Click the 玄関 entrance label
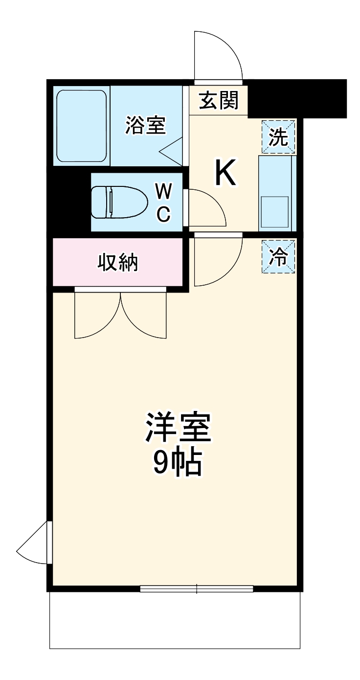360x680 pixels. click(x=219, y=101)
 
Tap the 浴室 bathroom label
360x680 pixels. click(x=145, y=126)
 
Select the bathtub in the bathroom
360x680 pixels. click(x=82, y=126)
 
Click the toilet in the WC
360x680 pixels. click(x=120, y=202)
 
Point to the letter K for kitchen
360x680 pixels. click(x=225, y=174)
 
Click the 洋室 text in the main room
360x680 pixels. click(x=178, y=427)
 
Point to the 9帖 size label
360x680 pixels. click(x=178, y=463)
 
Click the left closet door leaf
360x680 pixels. click(x=97, y=316)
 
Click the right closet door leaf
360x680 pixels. click(x=143, y=316)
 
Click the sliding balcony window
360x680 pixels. click(x=197, y=589)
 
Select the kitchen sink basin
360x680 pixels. click(x=274, y=212)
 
